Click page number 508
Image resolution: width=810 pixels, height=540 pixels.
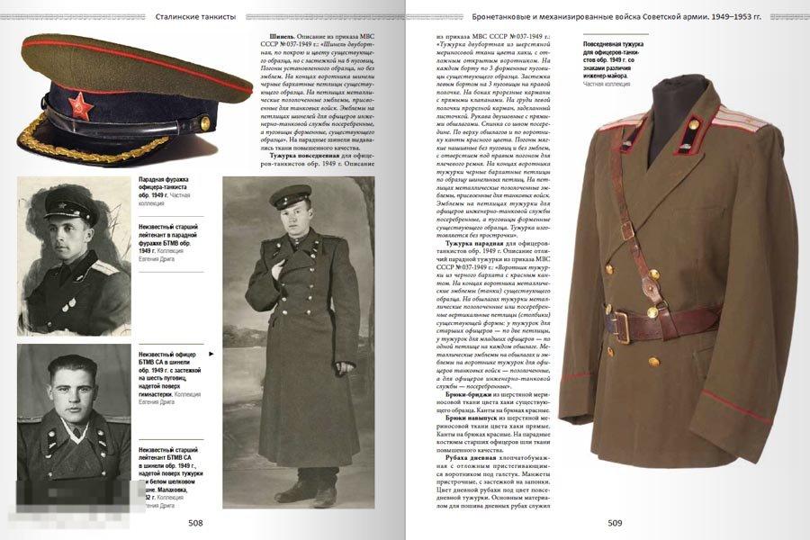pyautogui.click(x=195, y=522)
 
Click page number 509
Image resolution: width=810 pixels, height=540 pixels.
pyautogui.click(x=615, y=522)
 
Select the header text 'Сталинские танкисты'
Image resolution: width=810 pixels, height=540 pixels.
pyautogui.click(x=195, y=16)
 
